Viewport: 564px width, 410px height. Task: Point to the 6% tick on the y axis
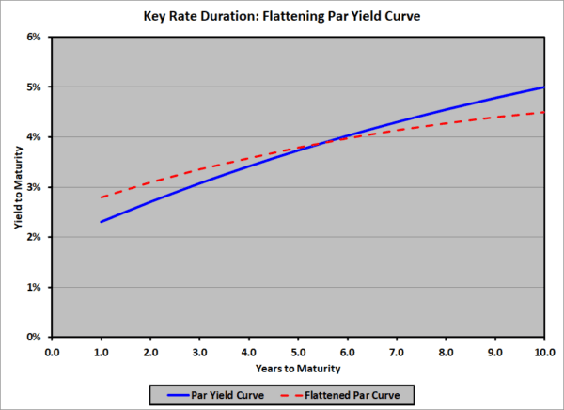[35, 38]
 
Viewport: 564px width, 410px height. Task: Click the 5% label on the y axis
[35, 87]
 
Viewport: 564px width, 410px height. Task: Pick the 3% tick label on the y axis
[35, 187]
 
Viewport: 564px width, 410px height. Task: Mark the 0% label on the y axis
[35, 337]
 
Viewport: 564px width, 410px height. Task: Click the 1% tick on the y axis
[35, 287]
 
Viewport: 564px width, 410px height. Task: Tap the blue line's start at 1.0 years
[102, 222]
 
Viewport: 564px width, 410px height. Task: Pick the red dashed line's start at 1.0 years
[102, 197]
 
